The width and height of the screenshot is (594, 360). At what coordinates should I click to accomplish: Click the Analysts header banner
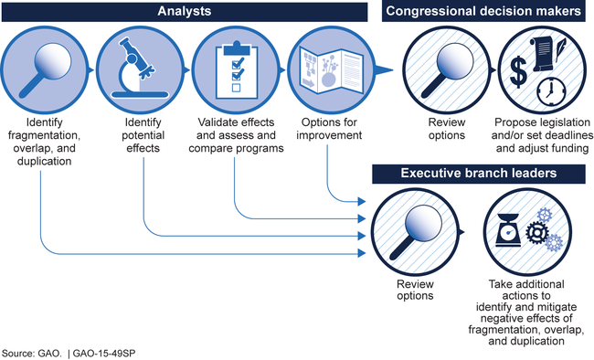coord(185,12)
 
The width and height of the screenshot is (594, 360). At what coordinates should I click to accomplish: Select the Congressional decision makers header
coord(483,12)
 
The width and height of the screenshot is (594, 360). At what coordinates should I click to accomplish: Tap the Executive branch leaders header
coord(479,174)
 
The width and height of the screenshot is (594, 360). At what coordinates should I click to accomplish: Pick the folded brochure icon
coord(331,70)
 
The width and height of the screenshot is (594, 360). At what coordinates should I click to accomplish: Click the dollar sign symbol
coord(518,72)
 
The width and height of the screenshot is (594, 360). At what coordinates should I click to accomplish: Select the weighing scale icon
coord(508,230)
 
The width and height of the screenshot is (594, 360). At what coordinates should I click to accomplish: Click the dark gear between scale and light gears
coord(536,232)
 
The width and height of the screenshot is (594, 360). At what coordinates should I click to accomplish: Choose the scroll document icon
coord(542,54)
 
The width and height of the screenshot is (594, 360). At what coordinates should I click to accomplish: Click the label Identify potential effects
coord(143,135)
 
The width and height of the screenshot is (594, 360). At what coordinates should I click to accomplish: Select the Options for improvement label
coord(329,129)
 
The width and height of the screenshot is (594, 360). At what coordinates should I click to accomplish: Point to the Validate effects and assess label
coord(236,129)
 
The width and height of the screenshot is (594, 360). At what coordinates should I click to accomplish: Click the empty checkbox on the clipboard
coord(236,88)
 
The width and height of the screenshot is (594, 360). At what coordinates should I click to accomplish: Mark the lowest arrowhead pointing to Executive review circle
coord(362,253)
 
